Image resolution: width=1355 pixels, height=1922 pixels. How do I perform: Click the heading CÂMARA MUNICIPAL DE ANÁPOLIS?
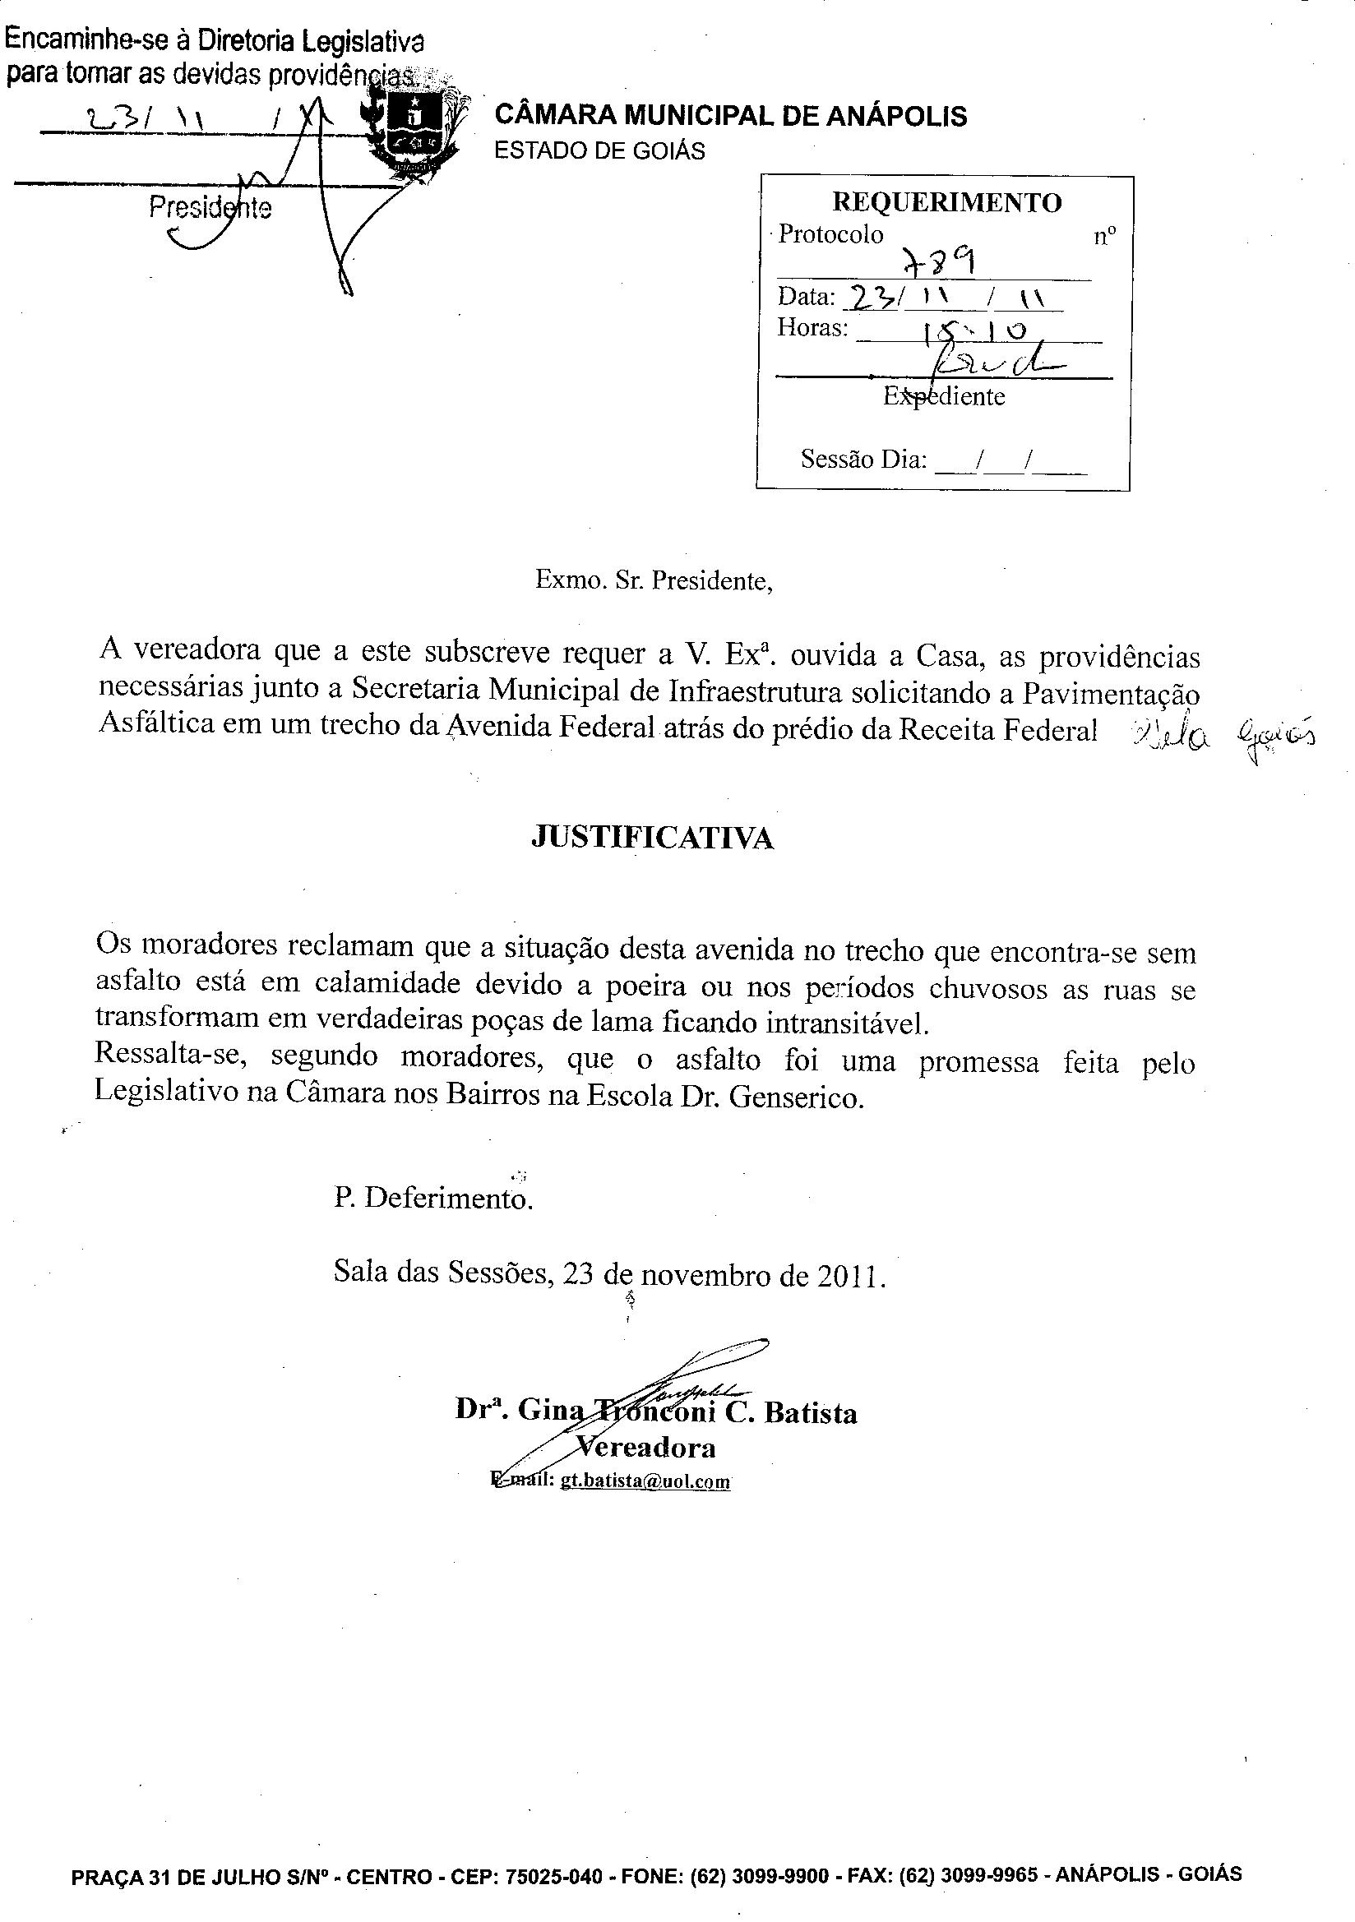click(x=730, y=116)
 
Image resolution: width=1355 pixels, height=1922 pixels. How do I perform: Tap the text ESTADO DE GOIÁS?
click(x=599, y=150)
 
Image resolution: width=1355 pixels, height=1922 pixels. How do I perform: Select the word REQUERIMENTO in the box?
click(x=946, y=201)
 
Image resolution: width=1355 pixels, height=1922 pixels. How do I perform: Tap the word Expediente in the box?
click(x=944, y=396)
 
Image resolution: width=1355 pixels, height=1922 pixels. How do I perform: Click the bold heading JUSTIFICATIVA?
click(x=652, y=838)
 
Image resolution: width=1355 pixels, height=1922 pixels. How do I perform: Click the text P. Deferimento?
click(x=433, y=1198)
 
